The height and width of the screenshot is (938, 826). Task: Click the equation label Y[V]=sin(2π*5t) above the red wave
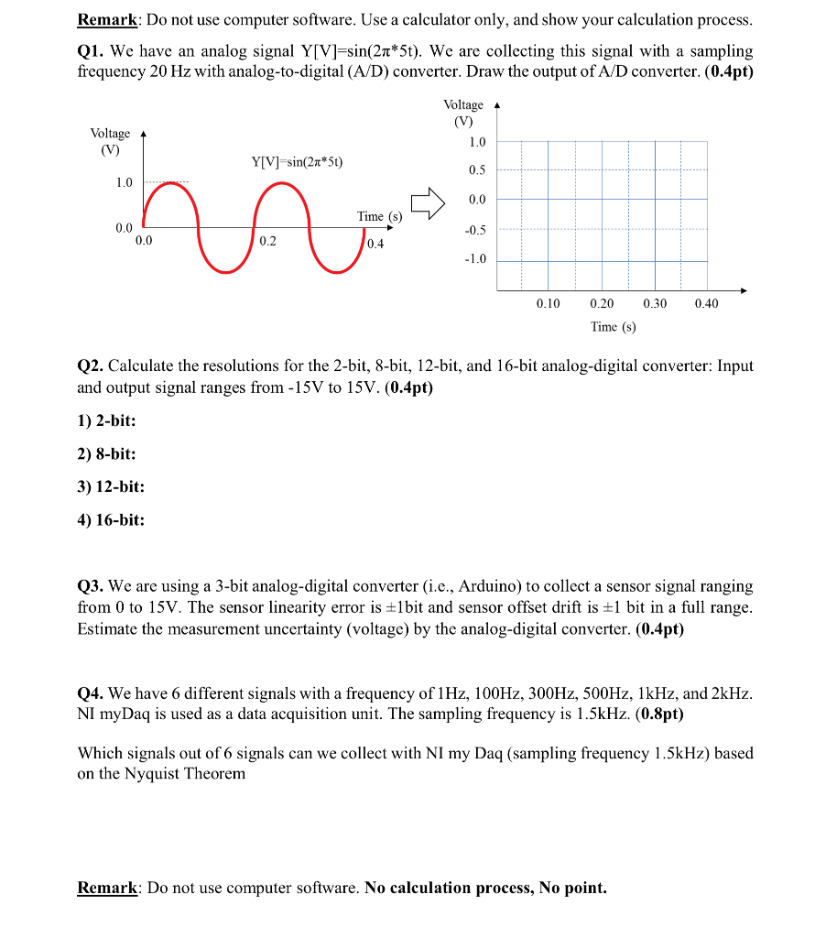tap(297, 162)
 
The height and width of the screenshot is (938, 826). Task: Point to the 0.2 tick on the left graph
tap(266, 242)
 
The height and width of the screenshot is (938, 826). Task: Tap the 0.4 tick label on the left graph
tap(375, 244)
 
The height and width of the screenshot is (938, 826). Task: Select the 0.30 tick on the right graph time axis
tap(655, 303)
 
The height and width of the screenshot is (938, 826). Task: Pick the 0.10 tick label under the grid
tap(548, 303)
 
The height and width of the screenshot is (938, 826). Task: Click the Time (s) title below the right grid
tap(613, 326)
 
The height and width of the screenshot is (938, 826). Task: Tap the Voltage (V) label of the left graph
tap(110, 141)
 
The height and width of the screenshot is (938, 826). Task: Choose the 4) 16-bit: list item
tap(111, 520)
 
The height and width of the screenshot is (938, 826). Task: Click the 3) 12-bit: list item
tap(111, 487)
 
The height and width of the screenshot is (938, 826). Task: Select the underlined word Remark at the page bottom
tap(107, 888)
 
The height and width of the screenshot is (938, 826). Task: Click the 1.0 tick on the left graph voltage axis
tap(124, 182)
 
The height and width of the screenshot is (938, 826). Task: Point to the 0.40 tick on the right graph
tap(706, 303)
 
